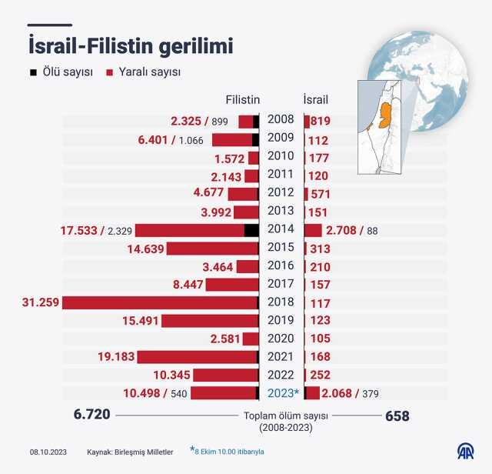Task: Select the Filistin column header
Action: pos(242,100)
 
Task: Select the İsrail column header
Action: pos(316,100)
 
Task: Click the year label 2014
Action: pos(281,229)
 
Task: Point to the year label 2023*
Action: pos(281,392)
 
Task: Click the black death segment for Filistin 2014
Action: pos(251,230)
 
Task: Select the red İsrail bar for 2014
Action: pos(313,230)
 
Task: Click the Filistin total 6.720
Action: pos(91,416)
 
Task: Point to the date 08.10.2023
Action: pos(48,451)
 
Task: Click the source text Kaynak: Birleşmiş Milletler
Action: pos(130,451)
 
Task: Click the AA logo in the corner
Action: pos(466,451)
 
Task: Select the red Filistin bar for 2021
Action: pos(197,357)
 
